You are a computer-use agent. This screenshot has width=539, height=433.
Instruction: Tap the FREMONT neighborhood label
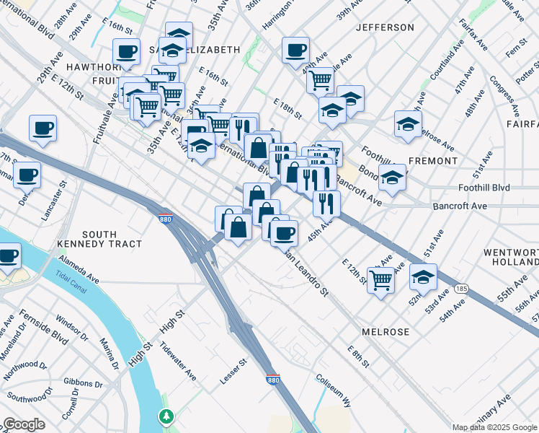[433, 160]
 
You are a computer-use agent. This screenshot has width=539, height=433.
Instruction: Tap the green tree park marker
[166, 417]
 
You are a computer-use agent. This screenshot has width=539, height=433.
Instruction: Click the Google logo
[24, 424]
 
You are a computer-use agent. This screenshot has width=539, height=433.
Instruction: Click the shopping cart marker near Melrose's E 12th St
[380, 279]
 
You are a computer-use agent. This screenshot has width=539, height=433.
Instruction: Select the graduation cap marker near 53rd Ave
[423, 276]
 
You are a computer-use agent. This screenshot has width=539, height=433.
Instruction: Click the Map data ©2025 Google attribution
[494, 427]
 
